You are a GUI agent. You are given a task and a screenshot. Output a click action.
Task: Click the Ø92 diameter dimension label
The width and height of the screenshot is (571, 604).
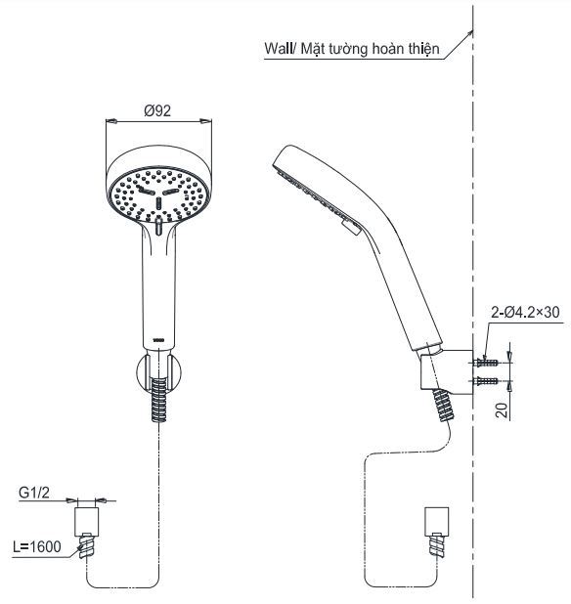coord(157,110)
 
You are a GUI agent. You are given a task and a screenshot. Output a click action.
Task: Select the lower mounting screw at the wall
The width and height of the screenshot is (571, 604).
coord(487,380)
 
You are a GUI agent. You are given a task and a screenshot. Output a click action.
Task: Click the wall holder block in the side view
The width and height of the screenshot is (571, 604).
coord(451,367)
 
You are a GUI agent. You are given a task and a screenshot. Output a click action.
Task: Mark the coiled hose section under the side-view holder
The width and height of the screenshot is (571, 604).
coord(442,404)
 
